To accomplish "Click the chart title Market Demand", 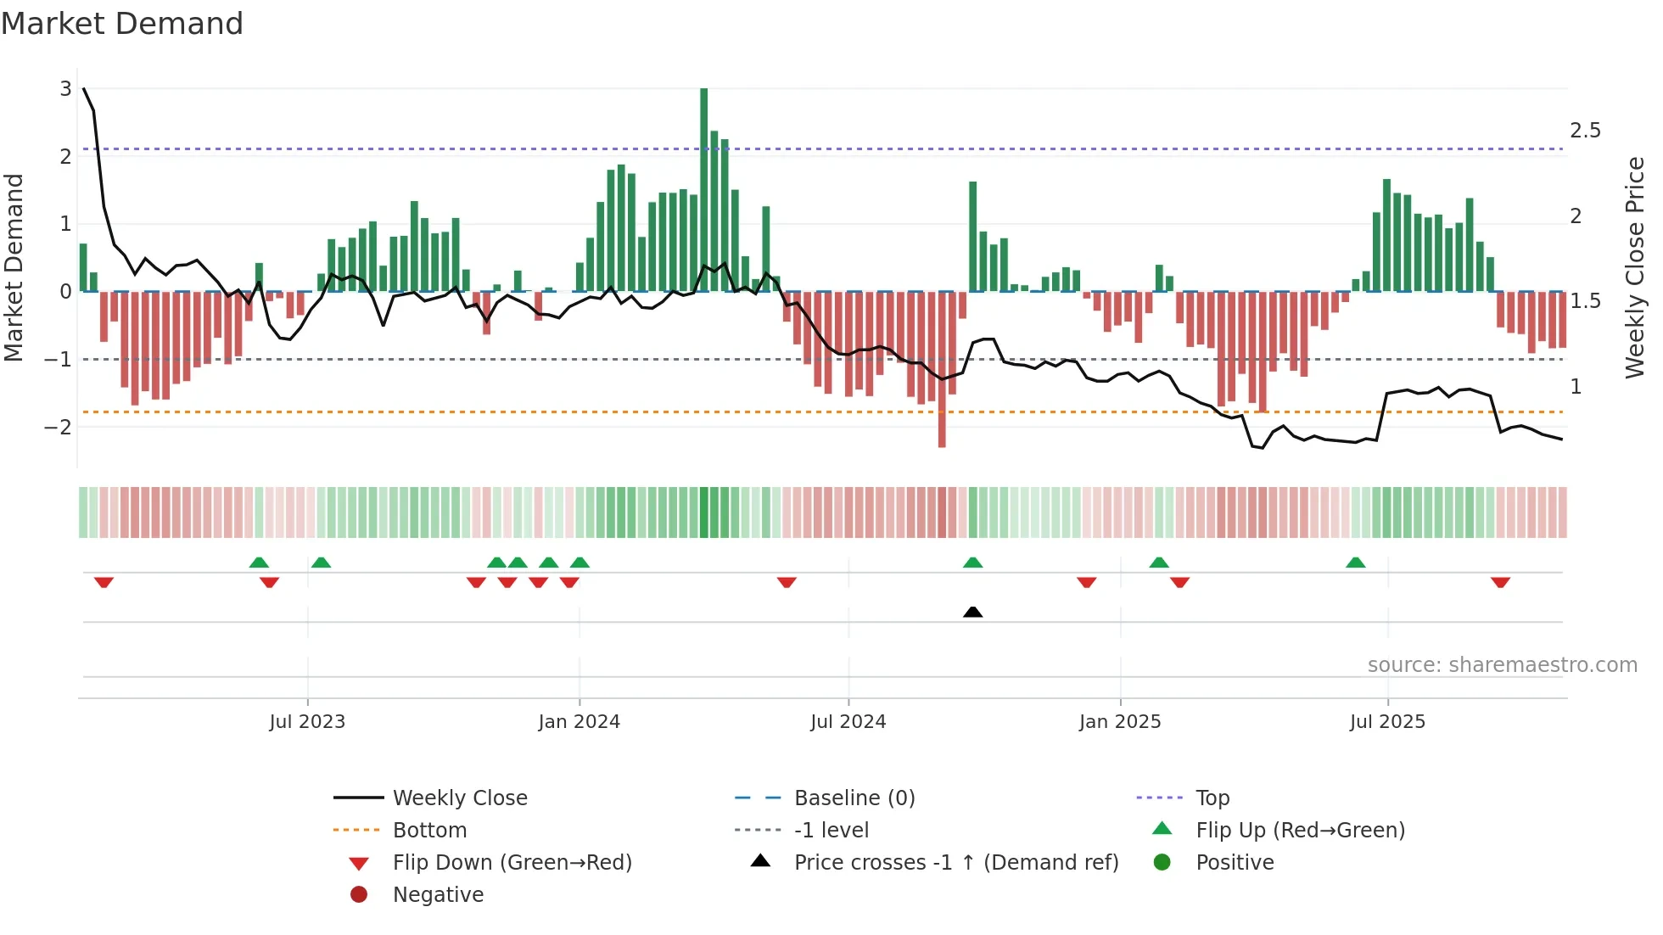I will point(122,24).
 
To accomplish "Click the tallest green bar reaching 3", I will point(703,188).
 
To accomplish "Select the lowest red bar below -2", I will point(942,369).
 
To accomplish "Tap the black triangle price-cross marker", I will point(973,612).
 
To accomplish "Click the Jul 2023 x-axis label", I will point(307,722).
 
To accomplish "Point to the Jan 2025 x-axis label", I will point(1120,722).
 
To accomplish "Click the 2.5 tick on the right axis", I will point(1585,131).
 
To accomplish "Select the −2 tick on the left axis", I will point(58,427).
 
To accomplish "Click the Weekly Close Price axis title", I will point(1635,267).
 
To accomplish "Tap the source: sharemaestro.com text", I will point(1502,665).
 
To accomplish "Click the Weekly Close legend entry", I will point(460,798).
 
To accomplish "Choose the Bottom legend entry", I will point(429,831).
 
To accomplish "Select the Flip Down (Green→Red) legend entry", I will point(512,863).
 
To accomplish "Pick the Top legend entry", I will point(1212,798).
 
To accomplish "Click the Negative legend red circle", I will point(359,895).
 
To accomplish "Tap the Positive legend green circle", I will point(1162,863).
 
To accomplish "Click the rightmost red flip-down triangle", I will point(1500,582).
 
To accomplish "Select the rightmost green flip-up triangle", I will point(1356,563).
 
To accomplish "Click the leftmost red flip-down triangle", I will point(104,582).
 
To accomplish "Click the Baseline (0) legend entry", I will point(854,798).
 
